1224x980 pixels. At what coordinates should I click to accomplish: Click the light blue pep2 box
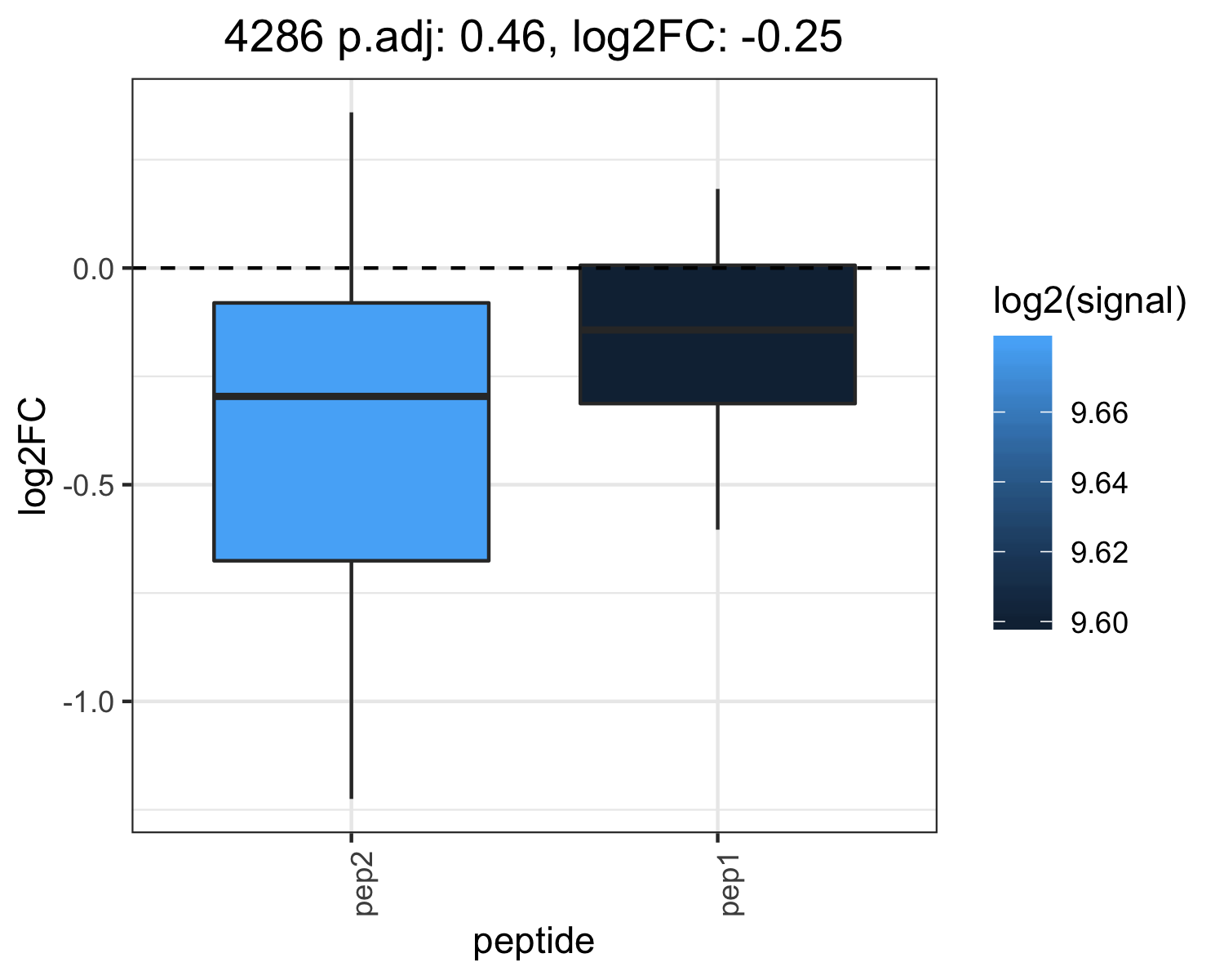[x=352, y=432]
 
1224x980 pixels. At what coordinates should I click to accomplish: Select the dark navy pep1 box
[x=718, y=334]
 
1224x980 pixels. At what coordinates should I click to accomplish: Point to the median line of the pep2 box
[x=352, y=396]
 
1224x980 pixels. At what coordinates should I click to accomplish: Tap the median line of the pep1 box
[x=718, y=330]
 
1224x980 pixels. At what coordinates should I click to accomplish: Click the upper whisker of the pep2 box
[x=352, y=207]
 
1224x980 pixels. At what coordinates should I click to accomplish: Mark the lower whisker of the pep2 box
[x=352, y=680]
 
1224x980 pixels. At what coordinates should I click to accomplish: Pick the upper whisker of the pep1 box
[x=718, y=227]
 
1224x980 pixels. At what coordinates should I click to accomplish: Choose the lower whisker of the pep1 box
[x=718, y=467]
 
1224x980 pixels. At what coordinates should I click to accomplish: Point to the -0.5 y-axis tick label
[x=89, y=486]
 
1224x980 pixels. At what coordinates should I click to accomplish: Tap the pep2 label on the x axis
[x=364, y=883]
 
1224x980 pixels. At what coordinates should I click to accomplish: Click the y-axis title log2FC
[x=33, y=457]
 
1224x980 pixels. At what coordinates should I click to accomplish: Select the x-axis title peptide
[x=534, y=942]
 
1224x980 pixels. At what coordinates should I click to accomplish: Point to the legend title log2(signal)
[x=1090, y=301]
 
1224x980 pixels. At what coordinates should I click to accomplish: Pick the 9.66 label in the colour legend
[x=1099, y=413]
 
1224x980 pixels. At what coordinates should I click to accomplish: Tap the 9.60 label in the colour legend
[x=1099, y=623]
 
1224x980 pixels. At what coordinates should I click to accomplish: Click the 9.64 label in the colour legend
[x=1099, y=483]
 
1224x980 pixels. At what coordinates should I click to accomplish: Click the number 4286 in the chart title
[x=273, y=38]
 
